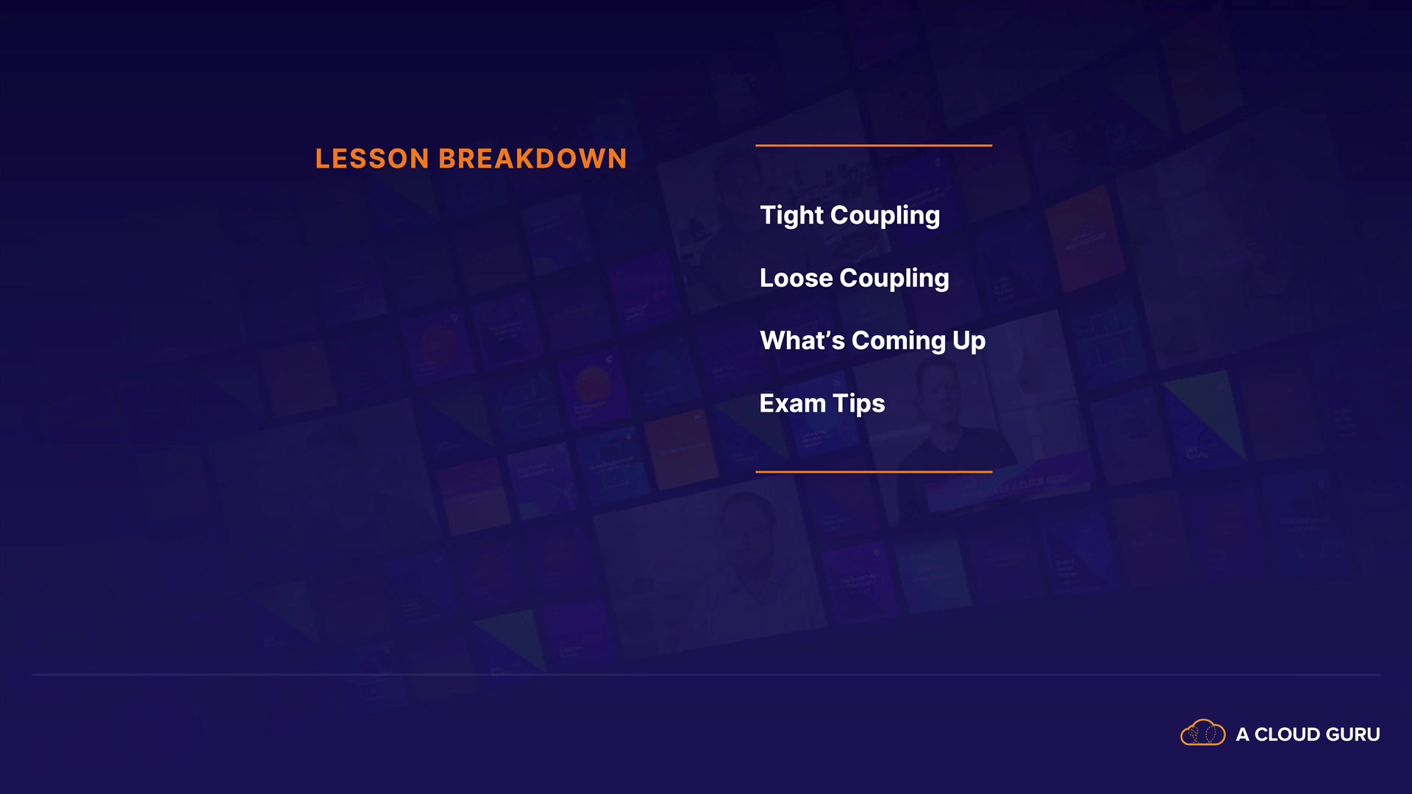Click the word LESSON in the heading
[x=372, y=159]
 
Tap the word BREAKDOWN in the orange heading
[x=532, y=159]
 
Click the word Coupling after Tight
[x=885, y=216]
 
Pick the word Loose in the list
[x=796, y=278]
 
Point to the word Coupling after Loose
[x=894, y=279]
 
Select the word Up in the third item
[x=969, y=341]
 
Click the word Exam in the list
[x=793, y=403]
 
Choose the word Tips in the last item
[x=859, y=404]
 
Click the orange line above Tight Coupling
[x=874, y=146]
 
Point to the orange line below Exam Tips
[x=874, y=471]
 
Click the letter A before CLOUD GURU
[x=1242, y=734]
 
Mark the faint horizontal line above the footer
[x=706, y=674]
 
